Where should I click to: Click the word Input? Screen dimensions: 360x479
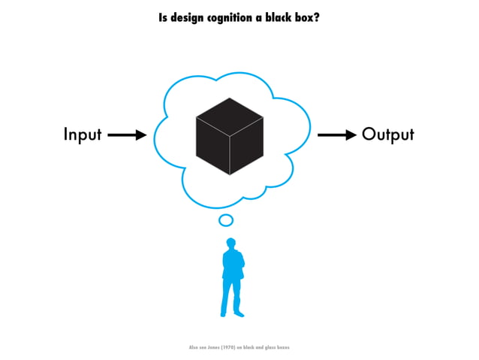[82, 135]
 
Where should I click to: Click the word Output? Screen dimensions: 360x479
[387, 135]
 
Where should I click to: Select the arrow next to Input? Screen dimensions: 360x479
[127, 135]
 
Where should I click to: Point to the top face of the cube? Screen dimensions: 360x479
[229, 116]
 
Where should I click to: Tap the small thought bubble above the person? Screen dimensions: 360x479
[226, 220]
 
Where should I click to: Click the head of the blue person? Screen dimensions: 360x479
[231, 244]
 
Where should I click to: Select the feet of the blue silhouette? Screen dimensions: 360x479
[230, 313]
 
